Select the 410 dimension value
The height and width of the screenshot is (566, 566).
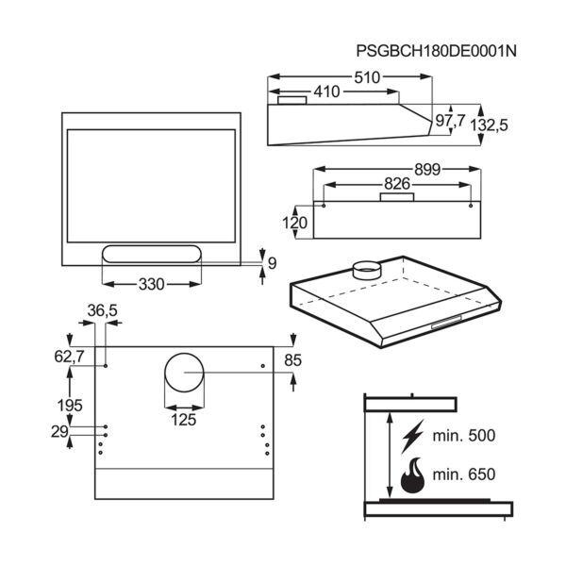coord(326,92)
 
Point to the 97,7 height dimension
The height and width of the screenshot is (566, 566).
coord(450,121)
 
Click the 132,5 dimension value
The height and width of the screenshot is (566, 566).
coord(502,125)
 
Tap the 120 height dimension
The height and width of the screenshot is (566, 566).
coord(295,223)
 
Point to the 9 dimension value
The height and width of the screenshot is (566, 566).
coord(272,263)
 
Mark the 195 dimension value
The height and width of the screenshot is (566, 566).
coord(70,405)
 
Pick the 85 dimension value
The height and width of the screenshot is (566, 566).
coord(293,359)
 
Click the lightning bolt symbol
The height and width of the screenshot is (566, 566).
coord(412,437)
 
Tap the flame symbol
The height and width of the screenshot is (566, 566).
coord(412,476)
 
